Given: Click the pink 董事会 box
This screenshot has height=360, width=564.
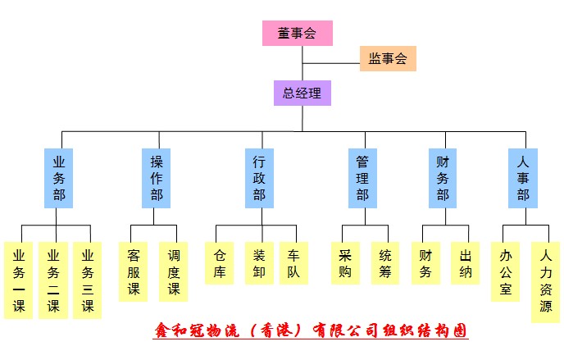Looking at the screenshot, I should click(297, 33).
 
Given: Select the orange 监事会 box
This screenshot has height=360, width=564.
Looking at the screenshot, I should click(388, 58).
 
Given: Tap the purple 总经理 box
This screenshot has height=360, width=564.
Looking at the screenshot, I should click(302, 93).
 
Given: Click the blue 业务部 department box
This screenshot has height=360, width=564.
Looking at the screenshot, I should click(58, 178).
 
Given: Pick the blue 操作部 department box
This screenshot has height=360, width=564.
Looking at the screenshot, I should click(157, 178).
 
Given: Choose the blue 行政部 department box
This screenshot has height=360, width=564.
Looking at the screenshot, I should click(259, 178).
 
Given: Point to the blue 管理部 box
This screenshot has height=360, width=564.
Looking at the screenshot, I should click(362, 178).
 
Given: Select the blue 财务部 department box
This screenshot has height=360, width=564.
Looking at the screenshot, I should click(443, 178).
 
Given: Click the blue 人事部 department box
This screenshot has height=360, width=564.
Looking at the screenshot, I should click(522, 178).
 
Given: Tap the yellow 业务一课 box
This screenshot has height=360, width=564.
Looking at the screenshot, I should click(18, 280).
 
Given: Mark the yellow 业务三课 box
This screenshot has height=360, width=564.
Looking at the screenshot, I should click(87, 280).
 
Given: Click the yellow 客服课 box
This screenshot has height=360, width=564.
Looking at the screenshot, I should click(134, 271).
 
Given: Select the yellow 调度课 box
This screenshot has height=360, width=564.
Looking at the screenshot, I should click(173, 271).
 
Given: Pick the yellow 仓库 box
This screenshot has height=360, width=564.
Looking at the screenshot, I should click(219, 263).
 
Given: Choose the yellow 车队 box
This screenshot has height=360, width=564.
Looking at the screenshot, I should click(293, 263).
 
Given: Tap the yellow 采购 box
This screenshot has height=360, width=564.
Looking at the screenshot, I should click(345, 263).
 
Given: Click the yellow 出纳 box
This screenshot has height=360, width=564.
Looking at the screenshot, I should click(466, 263).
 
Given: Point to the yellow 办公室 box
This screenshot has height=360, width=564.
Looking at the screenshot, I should click(505, 271).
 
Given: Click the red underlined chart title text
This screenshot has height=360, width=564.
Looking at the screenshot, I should click(311, 330).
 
